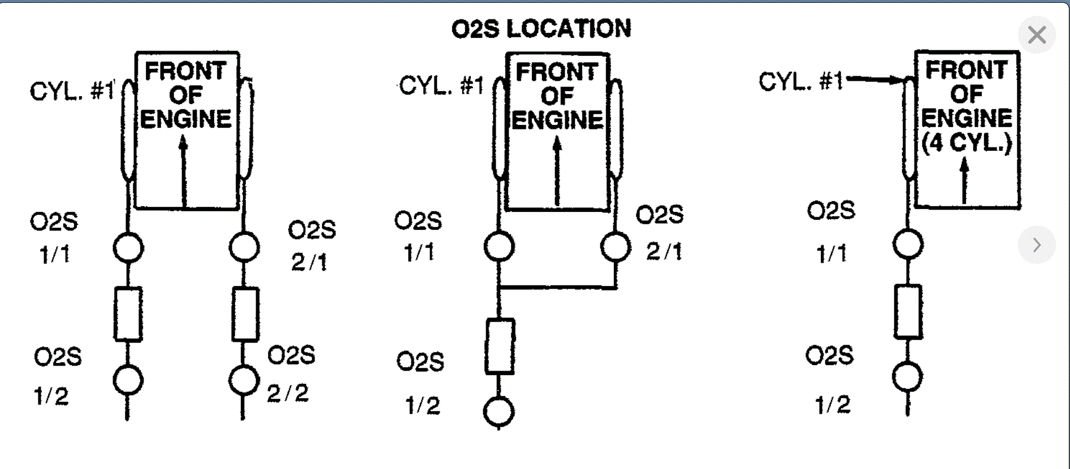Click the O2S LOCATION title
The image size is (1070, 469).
541,29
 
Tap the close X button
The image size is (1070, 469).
1037,35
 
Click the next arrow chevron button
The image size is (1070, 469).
1037,245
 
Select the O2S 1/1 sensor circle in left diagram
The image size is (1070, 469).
128,247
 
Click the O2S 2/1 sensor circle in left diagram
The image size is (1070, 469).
244,247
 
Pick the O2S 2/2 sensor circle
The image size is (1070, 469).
244,380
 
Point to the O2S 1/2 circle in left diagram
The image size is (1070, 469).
128,380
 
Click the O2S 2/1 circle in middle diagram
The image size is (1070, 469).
616,247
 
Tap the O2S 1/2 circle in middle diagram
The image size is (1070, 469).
499,411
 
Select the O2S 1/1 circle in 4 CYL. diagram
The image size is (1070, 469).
908,245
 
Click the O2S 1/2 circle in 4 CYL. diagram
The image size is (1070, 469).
907,377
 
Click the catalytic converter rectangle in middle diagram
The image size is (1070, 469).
500,346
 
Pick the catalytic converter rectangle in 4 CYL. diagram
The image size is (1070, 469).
908,311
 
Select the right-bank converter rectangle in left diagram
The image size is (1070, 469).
245,314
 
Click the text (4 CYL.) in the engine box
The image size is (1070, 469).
967,142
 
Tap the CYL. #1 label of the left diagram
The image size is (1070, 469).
72,91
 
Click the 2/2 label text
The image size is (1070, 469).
288,393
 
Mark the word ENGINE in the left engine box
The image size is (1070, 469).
186,119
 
